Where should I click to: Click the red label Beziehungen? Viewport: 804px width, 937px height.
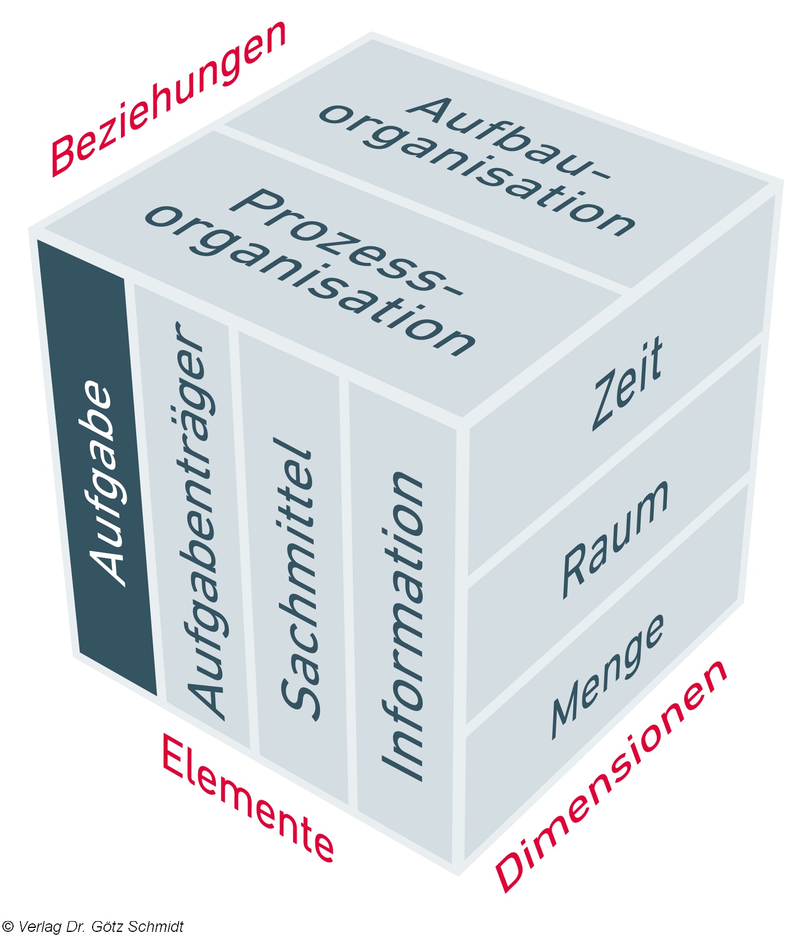point(168,99)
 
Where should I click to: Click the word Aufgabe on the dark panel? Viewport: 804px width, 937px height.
point(105,483)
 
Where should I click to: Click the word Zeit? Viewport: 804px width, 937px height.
point(628,383)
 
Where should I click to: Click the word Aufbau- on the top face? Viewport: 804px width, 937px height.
point(511,142)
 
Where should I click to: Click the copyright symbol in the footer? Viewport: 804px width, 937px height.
point(7,927)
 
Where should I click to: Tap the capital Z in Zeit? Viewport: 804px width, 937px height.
point(603,403)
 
